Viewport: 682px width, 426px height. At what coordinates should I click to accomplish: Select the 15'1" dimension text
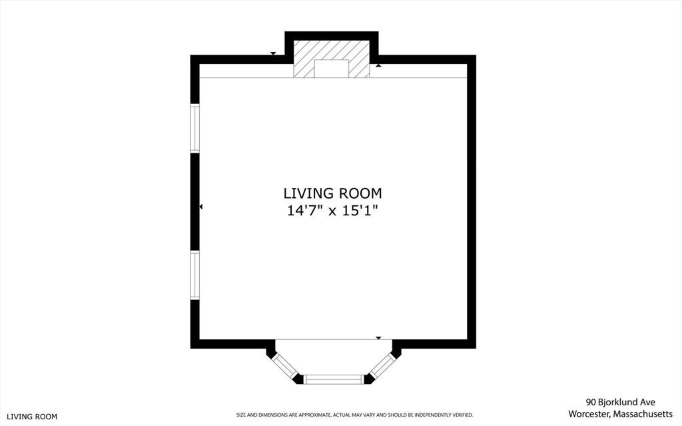[x=360, y=211]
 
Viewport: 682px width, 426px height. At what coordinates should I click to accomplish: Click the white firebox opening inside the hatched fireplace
[x=332, y=69]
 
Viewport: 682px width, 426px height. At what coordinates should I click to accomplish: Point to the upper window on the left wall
[x=195, y=128]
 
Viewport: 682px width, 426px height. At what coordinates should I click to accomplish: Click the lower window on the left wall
[x=195, y=275]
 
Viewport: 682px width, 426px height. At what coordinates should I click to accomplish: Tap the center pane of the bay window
[x=333, y=379]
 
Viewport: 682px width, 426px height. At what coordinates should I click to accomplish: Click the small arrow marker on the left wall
[x=201, y=207]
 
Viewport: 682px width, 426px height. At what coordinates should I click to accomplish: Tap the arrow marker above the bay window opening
[x=378, y=338]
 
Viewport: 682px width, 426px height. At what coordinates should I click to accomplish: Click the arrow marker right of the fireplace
[x=379, y=65]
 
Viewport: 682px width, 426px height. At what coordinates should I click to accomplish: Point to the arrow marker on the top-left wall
[x=273, y=53]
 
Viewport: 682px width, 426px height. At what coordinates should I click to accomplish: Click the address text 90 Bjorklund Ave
[x=620, y=402]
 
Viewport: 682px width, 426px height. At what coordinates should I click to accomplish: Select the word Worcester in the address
[x=589, y=413]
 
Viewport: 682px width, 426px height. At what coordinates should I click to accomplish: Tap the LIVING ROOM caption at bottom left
[x=32, y=417]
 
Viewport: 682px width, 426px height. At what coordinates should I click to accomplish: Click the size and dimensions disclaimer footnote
[x=354, y=415]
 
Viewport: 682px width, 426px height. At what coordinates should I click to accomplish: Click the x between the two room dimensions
[x=332, y=212]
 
